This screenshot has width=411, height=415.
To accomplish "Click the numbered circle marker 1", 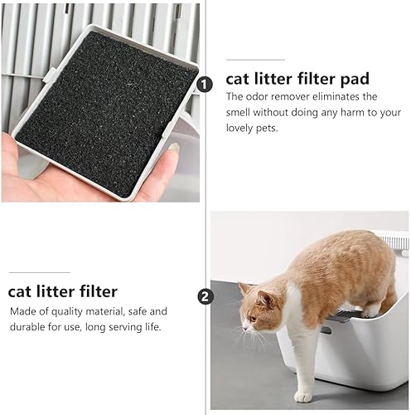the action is tap(205, 85).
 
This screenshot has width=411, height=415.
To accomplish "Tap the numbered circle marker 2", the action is tap(205, 297).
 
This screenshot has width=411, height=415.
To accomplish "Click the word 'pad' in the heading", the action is tap(355, 80).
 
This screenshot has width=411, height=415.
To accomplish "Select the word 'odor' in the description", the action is tap(257, 96).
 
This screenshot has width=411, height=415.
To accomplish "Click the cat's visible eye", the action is tap(253, 318).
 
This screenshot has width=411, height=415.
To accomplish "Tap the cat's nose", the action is tap(244, 329).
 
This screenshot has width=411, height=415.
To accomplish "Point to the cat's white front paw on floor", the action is tap(302, 396).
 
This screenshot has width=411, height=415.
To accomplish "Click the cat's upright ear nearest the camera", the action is tap(265, 299).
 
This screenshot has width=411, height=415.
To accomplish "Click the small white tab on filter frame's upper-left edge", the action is tap(50, 75).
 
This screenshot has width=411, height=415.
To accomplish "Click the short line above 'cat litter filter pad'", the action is tap(255, 60).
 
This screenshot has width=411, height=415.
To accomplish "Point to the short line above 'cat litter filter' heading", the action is tap(40, 272).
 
